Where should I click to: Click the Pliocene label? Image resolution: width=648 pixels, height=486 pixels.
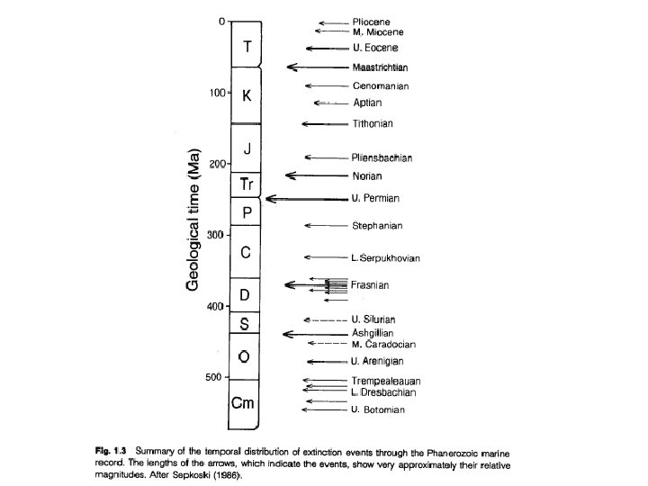(372, 22)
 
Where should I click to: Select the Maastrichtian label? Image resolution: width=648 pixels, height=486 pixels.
(382, 67)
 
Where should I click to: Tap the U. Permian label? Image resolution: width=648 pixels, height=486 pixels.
(375, 198)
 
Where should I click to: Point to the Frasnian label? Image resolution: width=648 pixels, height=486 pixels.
(369, 284)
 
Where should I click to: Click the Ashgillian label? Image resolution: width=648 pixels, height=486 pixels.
(373, 333)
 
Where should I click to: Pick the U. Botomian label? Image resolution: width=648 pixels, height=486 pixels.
(378, 410)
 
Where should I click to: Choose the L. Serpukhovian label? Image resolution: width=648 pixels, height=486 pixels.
(386, 258)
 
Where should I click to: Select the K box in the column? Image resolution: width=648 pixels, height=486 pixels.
(247, 95)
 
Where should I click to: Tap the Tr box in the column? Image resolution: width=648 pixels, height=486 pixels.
(247, 184)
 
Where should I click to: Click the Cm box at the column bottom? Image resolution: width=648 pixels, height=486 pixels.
(244, 403)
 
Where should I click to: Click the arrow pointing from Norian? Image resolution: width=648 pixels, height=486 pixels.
(315, 175)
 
